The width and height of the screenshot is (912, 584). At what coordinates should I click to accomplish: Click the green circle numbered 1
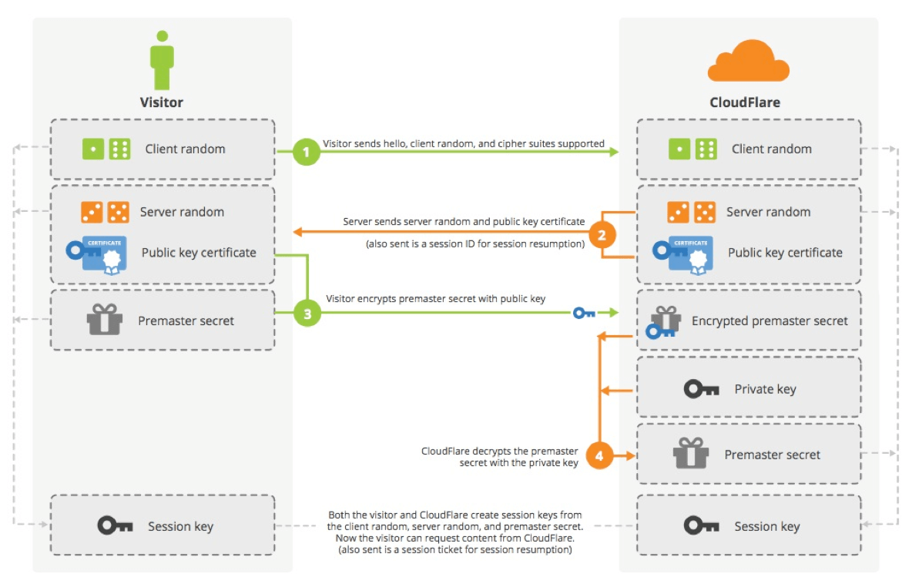[x=306, y=152]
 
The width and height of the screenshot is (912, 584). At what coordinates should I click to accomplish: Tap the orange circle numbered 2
[x=602, y=235]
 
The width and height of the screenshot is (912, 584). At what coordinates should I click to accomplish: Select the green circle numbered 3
[x=307, y=313]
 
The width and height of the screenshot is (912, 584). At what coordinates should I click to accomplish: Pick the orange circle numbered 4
[x=599, y=455]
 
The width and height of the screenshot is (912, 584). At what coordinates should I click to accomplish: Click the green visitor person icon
[x=162, y=60]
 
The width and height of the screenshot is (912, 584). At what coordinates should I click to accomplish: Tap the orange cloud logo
[x=748, y=60]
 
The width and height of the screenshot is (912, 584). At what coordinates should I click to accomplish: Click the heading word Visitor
[x=161, y=102]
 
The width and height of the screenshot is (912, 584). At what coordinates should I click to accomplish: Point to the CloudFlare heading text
[x=745, y=102]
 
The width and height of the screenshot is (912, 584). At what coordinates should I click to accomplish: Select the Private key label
[x=765, y=389]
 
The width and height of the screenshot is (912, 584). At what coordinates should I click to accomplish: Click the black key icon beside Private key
[x=701, y=388]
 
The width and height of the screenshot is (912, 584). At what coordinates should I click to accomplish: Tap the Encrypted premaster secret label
[x=769, y=321]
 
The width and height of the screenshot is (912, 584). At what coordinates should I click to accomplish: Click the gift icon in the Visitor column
[x=105, y=319]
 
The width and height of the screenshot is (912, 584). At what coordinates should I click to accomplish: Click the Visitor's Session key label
[x=180, y=526]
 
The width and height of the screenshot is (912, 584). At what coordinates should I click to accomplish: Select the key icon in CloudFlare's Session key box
[x=701, y=525]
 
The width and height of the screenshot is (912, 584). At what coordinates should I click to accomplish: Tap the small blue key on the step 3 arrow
[x=584, y=313]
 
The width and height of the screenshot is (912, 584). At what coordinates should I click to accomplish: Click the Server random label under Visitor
[x=182, y=212]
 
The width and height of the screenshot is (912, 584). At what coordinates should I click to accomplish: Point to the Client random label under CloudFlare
[x=771, y=149]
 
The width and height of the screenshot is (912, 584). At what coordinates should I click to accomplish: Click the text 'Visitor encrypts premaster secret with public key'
[x=436, y=299]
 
